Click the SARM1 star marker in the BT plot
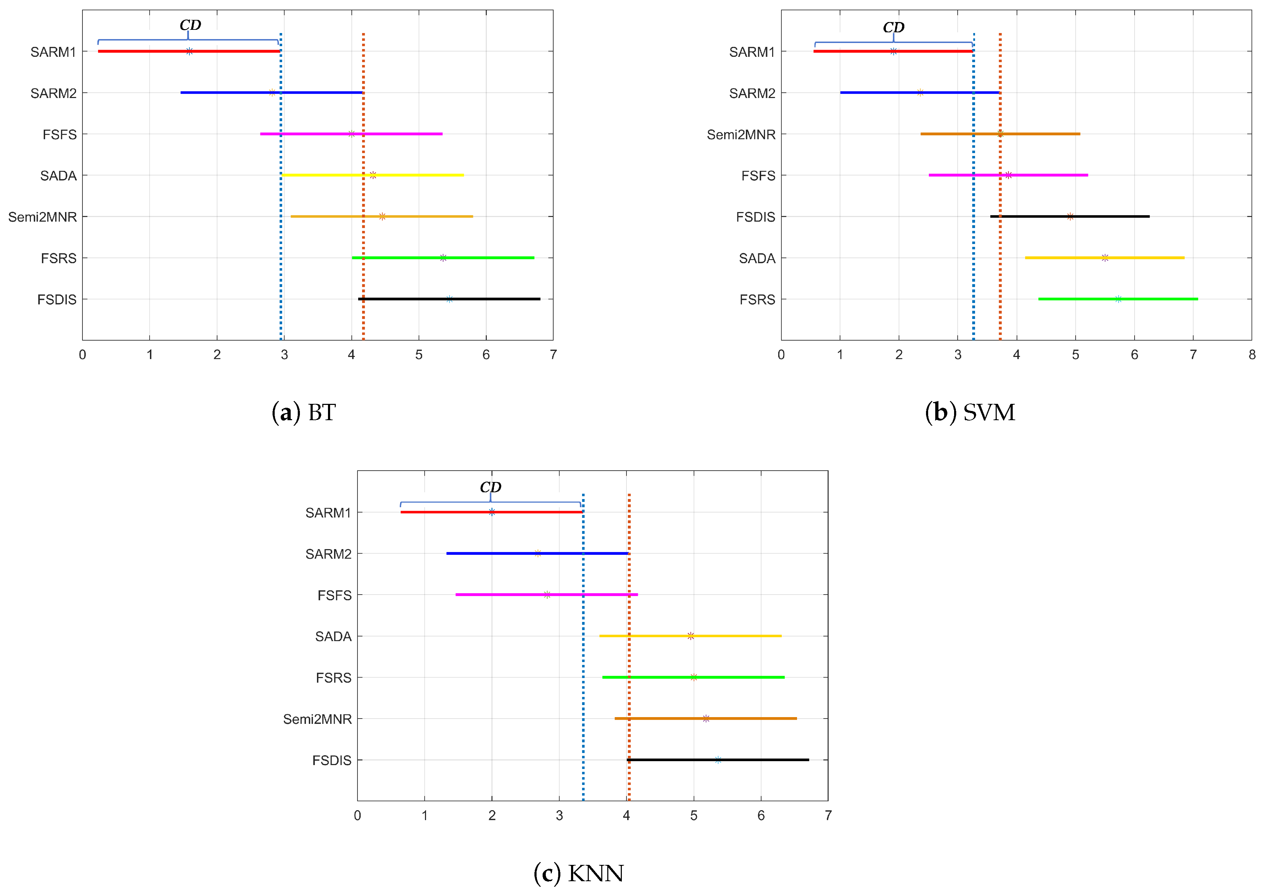click(x=189, y=51)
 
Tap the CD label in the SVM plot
click(x=893, y=27)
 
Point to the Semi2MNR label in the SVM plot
click(x=741, y=134)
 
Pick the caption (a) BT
click(x=303, y=413)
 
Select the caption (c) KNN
click(x=578, y=873)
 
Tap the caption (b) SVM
click(x=970, y=413)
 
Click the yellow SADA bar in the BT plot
click(x=419, y=175)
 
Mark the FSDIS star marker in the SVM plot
click(x=1070, y=216)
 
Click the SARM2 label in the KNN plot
click(x=328, y=554)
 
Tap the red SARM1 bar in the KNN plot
click(x=441, y=512)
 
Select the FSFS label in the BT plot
click(x=59, y=134)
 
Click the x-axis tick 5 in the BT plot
click(x=419, y=355)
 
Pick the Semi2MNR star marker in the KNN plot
click(x=706, y=718)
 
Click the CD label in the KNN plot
click(x=490, y=487)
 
